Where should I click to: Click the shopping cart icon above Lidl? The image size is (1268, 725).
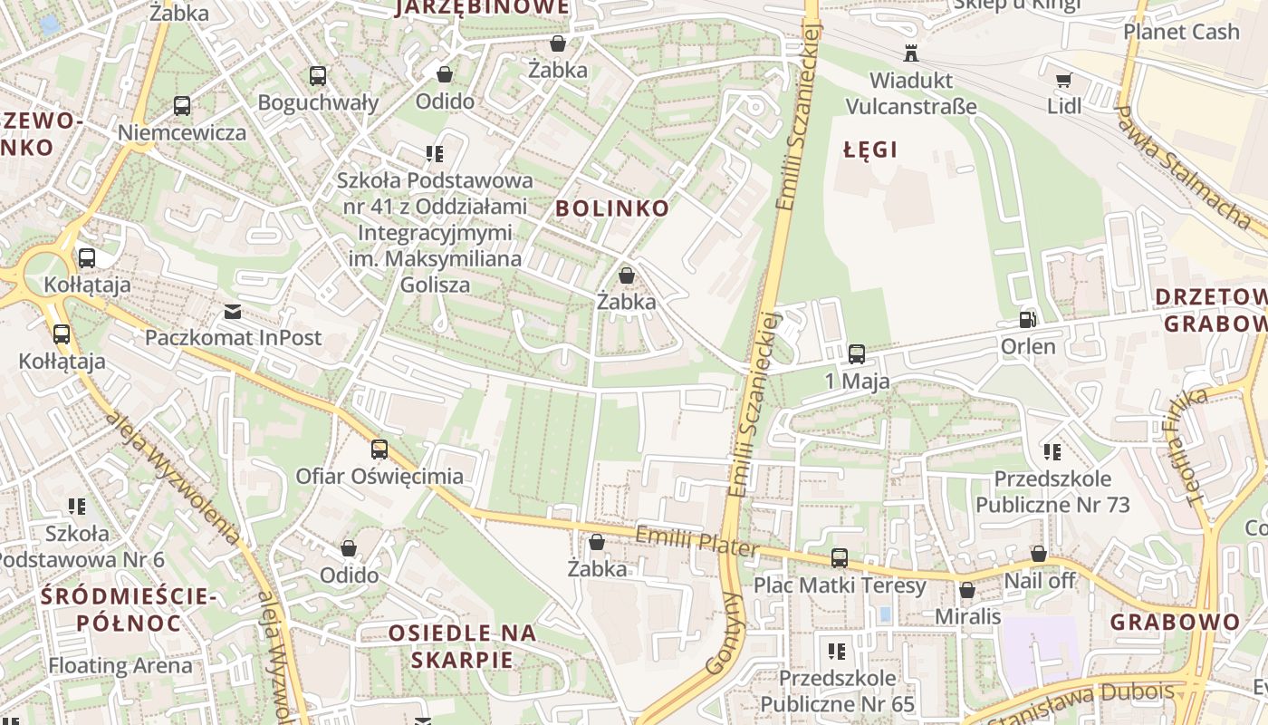tap(1064, 80)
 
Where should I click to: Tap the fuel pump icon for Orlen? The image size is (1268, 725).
tap(1027, 319)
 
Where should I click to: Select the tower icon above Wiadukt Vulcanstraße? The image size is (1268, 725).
tap(910, 53)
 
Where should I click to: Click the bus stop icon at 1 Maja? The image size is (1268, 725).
tap(857, 353)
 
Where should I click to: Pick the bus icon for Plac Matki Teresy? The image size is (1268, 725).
tap(840, 558)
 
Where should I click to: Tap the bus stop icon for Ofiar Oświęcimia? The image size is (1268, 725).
tap(379, 449)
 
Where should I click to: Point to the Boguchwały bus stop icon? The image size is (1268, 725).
tap(317, 76)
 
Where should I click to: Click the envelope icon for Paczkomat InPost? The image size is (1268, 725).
tap(233, 312)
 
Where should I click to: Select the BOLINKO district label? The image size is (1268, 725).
tap(612, 208)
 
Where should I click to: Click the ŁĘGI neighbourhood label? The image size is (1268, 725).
tap(870, 150)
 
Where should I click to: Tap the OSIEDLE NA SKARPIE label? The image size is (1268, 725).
tap(462, 646)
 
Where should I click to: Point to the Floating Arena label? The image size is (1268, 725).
tap(120, 665)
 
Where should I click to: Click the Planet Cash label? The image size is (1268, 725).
tap(1181, 32)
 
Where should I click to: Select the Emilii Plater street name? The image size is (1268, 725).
tap(696, 543)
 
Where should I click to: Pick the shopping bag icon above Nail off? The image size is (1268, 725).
tap(1039, 554)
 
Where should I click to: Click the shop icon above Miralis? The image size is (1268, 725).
tap(967, 590)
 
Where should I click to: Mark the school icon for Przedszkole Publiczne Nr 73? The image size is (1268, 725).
tap(1052, 451)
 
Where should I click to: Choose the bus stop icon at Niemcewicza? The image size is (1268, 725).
tap(182, 106)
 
